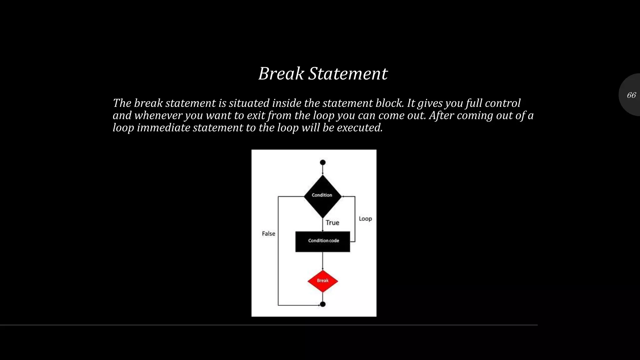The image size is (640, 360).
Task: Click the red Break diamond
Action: (322, 281)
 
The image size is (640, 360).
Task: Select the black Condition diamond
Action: (322, 196)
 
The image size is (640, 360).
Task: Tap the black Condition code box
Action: (322, 241)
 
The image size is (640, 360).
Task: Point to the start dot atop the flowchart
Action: (323, 162)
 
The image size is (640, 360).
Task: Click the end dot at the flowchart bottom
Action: (323, 304)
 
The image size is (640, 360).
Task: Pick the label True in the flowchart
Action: (332, 223)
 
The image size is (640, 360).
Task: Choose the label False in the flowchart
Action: (268, 234)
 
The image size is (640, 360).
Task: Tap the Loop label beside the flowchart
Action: (365, 219)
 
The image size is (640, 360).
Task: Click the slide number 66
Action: (631, 95)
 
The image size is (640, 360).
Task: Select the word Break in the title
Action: (281, 74)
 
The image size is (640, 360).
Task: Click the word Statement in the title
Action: (348, 74)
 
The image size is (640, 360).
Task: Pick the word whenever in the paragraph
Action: (158, 116)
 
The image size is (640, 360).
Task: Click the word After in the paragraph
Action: (441, 116)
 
